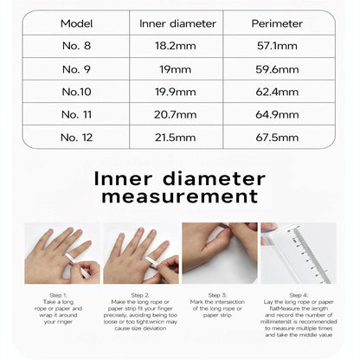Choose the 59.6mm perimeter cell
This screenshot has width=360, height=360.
(276, 69)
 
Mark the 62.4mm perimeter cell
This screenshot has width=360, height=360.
(276, 92)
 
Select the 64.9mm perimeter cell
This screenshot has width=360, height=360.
(276, 114)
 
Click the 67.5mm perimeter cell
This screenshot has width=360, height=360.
(276, 137)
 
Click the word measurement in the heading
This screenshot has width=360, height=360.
(180, 196)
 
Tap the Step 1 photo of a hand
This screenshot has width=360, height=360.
(61, 253)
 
